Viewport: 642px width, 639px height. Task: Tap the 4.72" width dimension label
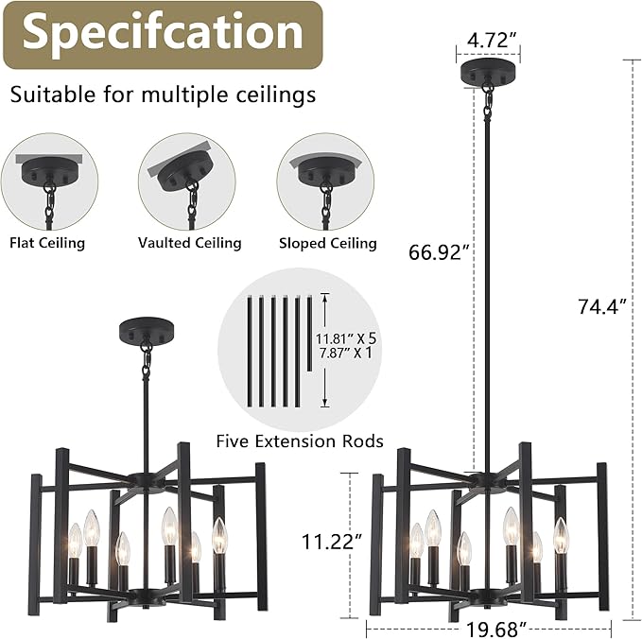coord(488,41)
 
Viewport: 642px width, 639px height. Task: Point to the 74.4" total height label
coord(602,305)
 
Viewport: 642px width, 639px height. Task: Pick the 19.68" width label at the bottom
coord(495,630)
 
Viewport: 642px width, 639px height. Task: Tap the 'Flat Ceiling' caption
coord(47,243)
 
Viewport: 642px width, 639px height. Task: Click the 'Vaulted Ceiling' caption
coord(189,243)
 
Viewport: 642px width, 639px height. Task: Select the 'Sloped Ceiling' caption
coord(328,243)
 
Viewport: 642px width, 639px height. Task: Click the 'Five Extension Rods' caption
coord(300,441)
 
